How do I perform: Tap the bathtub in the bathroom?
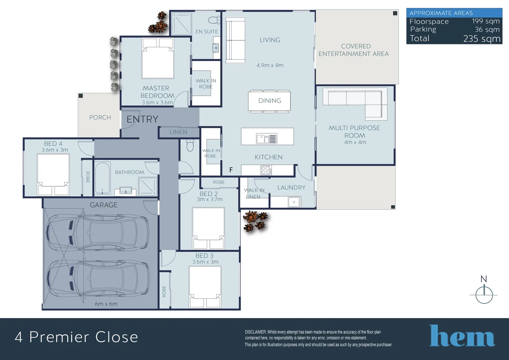[102, 178]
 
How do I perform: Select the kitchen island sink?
[266, 138]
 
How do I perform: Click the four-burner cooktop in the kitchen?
[266, 170]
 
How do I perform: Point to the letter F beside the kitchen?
[231, 170]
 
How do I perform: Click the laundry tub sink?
[294, 202]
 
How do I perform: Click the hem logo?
[462, 336]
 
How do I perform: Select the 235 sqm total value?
[482, 39]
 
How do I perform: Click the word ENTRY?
[142, 119]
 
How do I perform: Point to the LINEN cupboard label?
[178, 132]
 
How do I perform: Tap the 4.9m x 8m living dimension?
[270, 65]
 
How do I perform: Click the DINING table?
[269, 101]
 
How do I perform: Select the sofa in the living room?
[235, 40]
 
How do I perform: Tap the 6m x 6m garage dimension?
[106, 304]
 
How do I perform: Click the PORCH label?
[100, 117]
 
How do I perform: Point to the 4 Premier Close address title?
[76, 337]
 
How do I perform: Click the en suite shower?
[181, 23]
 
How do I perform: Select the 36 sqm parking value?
[487, 30]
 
